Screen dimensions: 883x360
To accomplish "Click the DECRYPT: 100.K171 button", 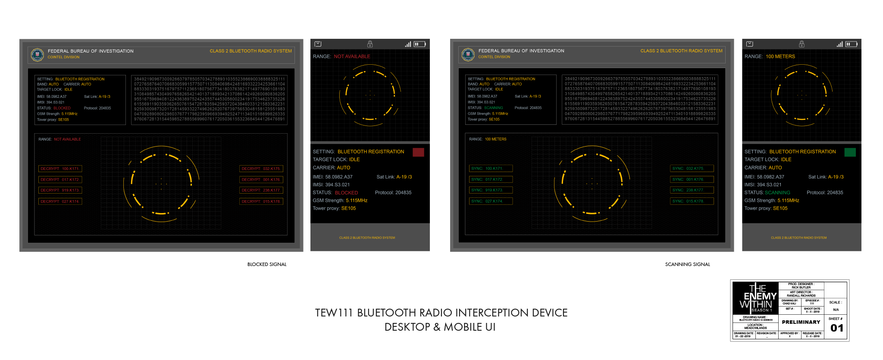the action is (x=60, y=169).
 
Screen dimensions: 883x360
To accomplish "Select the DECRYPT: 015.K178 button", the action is (x=261, y=201).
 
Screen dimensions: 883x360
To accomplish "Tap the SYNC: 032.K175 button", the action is (x=692, y=169).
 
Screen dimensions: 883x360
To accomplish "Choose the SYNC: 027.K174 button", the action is (x=491, y=201).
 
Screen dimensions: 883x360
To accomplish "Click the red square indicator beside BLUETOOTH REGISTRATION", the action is (x=418, y=152).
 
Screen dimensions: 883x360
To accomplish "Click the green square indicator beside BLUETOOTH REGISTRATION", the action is (x=850, y=152).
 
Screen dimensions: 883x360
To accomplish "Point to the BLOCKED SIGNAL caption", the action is (x=267, y=264).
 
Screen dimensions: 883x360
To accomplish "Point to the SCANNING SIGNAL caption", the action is (x=687, y=264).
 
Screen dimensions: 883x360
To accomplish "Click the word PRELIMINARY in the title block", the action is (x=801, y=322).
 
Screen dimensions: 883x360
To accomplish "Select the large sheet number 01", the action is (x=837, y=328).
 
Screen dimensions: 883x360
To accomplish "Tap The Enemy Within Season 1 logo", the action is (x=755, y=298).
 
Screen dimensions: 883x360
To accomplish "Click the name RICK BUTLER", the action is (x=801, y=288).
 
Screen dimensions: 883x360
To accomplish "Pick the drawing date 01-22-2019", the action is (x=744, y=336).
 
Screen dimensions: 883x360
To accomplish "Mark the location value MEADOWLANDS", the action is (x=755, y=328).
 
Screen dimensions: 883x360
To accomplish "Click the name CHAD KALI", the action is (x=789, y=304).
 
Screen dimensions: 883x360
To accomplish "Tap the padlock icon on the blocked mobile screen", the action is (x=370, y=44).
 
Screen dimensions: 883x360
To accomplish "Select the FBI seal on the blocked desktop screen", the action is (x=38, y=54).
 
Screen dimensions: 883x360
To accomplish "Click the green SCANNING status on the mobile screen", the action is (x=777, y=193).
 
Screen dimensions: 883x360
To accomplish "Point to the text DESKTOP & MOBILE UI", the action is (x=440, y=327).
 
